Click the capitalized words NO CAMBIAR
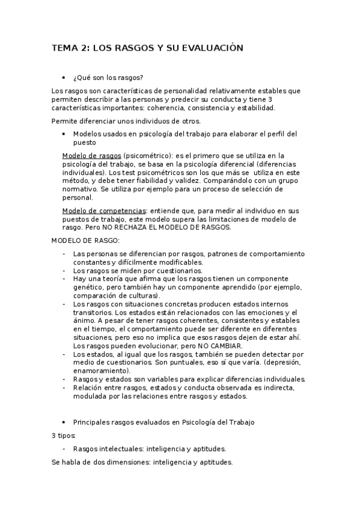pyautogui.click(x=213, y=346)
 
